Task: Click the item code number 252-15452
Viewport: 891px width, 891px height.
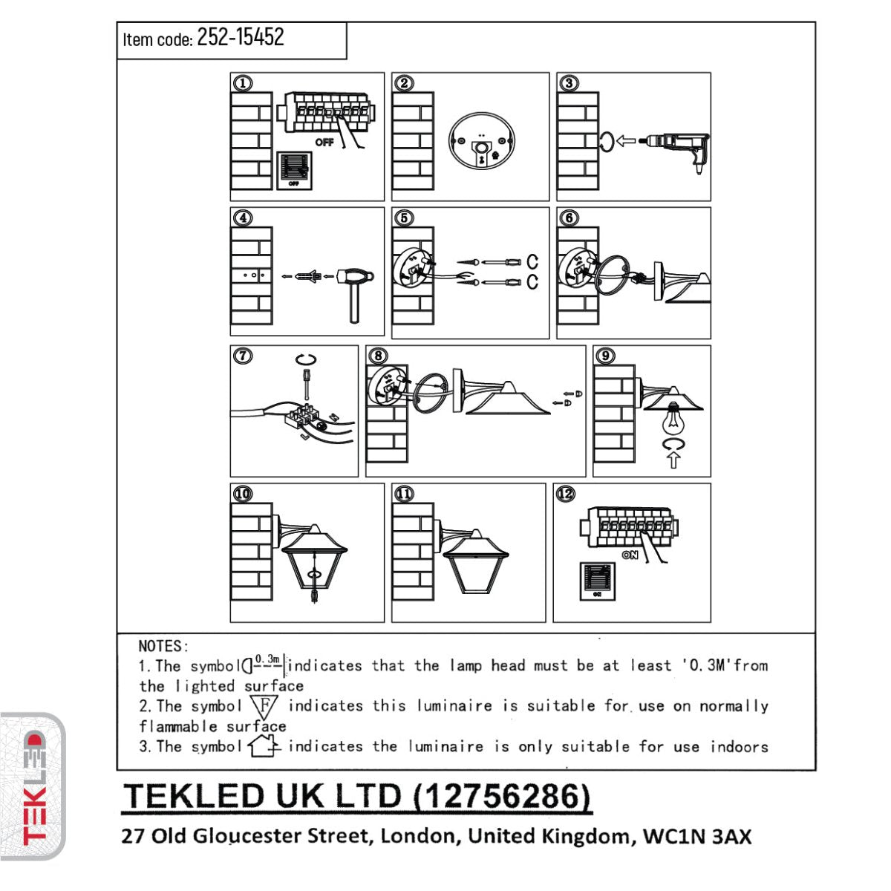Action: [x=240, y=37]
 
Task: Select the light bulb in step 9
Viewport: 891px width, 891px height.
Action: [x=673, y=420]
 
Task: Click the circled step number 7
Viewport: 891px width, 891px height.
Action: [x=242, y=356]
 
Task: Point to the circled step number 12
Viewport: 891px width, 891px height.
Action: [x=565, y=494]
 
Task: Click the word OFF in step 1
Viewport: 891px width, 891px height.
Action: [x=324, y=142]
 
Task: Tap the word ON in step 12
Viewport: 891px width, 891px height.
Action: [x=630, y=555]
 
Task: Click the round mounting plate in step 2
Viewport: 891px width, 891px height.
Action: [x=481, y=145]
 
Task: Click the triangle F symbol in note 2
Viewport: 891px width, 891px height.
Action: [x=265, y=705]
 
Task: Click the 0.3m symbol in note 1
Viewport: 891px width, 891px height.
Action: [x=264, y=663]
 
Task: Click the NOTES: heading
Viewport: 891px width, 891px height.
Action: [x=163, y=646]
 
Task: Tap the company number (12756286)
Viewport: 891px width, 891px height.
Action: [x=502, y=796]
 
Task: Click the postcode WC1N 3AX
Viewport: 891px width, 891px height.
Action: [x=697, y=836]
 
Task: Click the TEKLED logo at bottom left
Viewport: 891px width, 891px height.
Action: [x=33, y=787]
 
